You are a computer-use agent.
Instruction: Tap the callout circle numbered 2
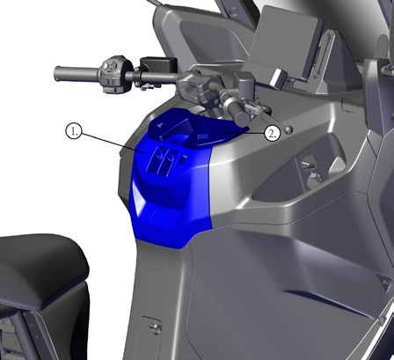(273, 134)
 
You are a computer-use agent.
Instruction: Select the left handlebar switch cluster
(113, 74)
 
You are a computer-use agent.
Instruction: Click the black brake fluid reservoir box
(158, 65)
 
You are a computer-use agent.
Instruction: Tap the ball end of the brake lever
(288, 129)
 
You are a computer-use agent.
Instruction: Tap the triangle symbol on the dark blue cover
(160, 125)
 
